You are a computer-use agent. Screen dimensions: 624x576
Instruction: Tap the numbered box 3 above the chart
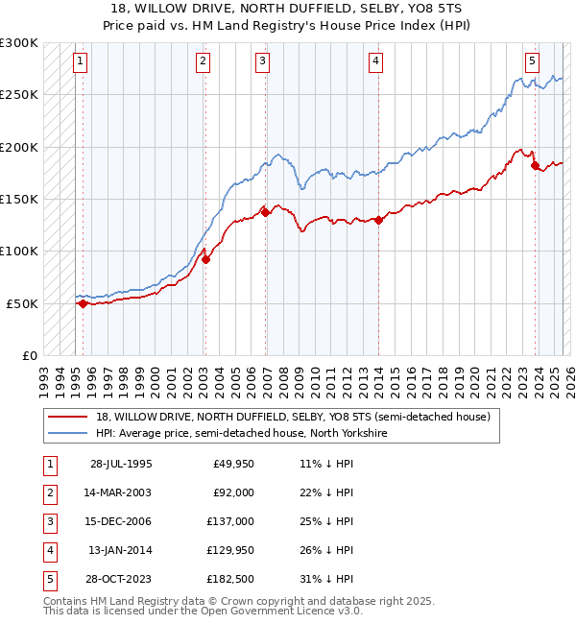[x=262, y=61]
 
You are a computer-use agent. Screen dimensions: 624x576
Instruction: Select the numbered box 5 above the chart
[x=532, y=61]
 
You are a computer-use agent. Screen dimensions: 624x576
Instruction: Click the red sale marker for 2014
[x=378, y=220]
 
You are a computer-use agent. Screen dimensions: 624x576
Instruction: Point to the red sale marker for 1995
[x=84, y=303]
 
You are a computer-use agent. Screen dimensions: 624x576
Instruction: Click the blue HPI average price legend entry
[x=241, y=434]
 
